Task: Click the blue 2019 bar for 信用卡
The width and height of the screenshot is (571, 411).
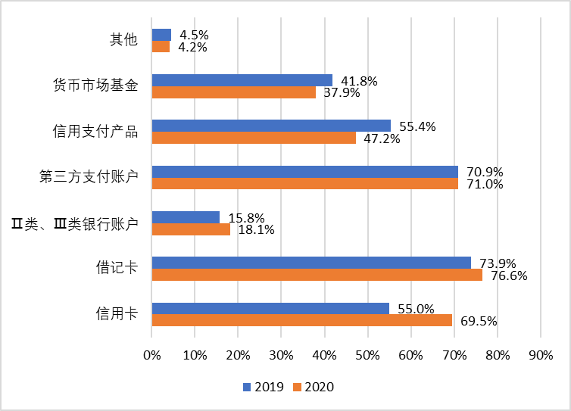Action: click(x=270, y=308)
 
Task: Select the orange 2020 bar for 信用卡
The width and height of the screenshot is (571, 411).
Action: click(x=301, y=320)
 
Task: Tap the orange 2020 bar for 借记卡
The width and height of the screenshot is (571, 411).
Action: click(x=317, y=275)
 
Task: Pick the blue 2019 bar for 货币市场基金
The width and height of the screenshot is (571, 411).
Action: click(x=242, y=80)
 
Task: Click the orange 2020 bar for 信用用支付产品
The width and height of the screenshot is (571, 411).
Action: click(x=254, y=138)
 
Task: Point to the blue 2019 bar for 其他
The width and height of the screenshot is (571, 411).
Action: click(x=161, y=35)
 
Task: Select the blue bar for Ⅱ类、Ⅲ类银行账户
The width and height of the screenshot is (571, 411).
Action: click(x=186, y=217)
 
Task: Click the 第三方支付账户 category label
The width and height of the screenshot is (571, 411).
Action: click(x=89, y=177)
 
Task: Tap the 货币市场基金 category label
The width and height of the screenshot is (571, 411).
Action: click(x=95, y=86)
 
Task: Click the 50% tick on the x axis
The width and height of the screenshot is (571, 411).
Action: click(x=367, y=354)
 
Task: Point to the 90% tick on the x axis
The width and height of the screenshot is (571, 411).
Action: click(x=540, y=354)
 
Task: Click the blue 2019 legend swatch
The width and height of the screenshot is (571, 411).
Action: click(x=246, y=388)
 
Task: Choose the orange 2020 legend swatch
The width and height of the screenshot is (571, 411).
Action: click(x=298, y=388)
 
